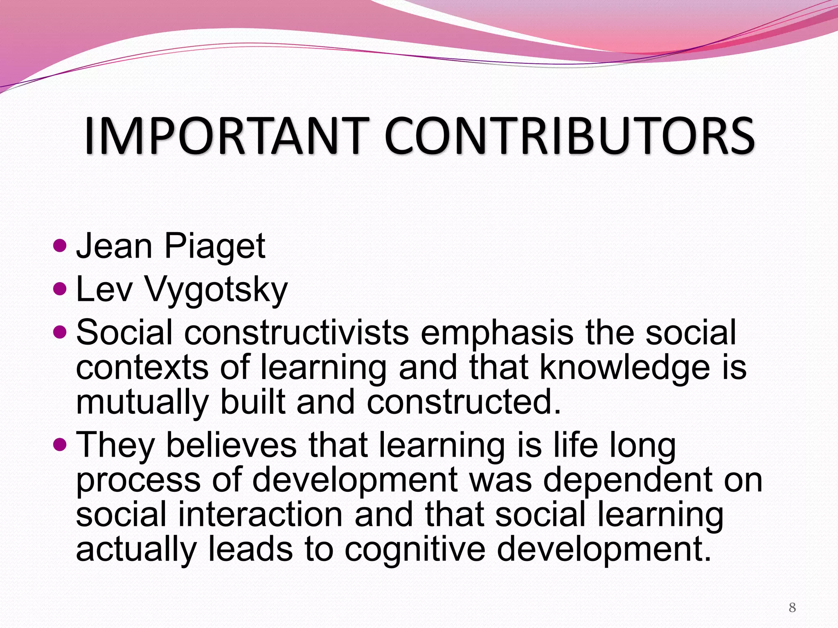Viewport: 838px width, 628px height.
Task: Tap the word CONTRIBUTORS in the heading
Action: coord(569,136)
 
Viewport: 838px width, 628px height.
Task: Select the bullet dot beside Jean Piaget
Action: coord(60,246)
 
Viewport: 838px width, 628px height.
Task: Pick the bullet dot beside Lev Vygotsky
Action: coord(60,289)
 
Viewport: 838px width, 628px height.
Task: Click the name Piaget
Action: coord(214,247)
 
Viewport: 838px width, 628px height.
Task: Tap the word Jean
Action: coord(115,247)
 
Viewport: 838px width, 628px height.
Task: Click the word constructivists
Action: coord(296,332)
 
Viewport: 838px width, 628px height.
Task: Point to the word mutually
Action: coord(142,403)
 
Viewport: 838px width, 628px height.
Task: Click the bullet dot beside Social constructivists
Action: coord(60,332)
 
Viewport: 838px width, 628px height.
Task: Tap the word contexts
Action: coord(142,368)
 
